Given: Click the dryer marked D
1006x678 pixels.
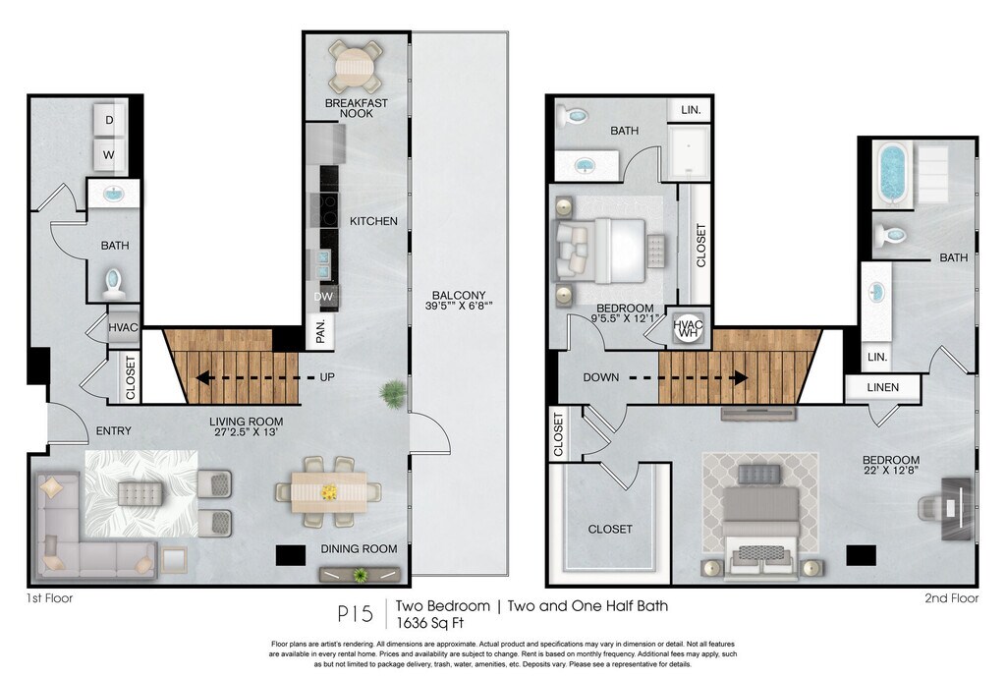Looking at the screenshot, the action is [x=109, y=119].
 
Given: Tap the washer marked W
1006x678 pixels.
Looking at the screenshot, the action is [x=109, y=154].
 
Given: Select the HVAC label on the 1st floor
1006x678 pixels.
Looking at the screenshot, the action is [x=123, y=327].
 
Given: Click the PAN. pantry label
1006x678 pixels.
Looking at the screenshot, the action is [x=321, y=331].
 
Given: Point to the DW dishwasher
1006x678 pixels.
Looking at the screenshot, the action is [x=323, y=297].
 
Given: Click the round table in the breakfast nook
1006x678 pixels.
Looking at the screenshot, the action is [x=355, y=67].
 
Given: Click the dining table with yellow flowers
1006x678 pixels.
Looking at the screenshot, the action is [x=329, y=492].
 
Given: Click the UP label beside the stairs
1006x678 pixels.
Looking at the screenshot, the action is [x=327, y=377].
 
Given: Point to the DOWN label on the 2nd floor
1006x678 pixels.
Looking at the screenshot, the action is [x=601, y=377].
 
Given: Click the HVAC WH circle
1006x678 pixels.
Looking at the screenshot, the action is [x=689, y=329].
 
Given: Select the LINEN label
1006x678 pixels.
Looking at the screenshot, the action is [x=883, y=387].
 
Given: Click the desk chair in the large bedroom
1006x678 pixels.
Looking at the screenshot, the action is [x=930, y=509].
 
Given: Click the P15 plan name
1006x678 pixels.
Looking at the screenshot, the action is [x=355, y=614].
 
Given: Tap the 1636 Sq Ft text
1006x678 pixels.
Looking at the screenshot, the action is [x=430, y=622].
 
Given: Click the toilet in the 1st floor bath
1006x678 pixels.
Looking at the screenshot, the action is [x=114, y=284].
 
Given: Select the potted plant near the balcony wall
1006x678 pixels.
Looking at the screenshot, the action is [x=394, y=392].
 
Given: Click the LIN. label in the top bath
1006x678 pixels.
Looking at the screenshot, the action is [x=691, y=110].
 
